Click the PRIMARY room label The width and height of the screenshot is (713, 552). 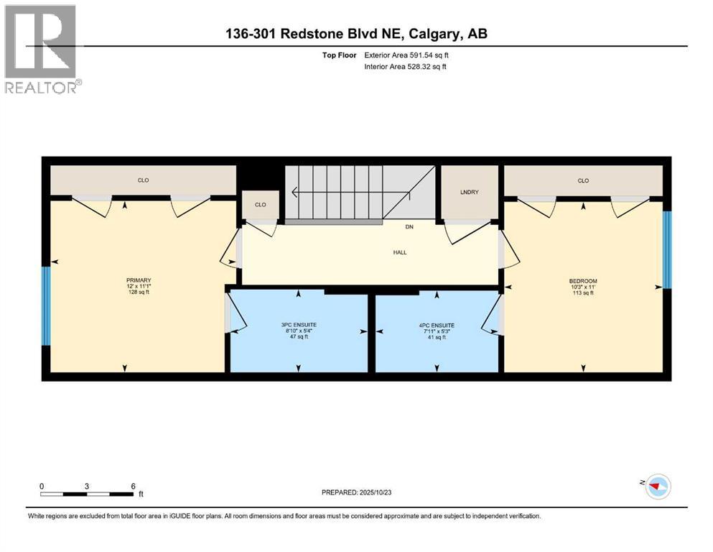click(139, 280)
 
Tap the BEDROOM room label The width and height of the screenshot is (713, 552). click(583, 281)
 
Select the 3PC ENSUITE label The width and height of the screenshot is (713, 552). click(299, 325)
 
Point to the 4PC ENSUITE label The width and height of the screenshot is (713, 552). click(437, 325)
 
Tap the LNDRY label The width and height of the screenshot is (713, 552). click(469, 191)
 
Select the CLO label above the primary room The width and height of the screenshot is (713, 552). click(143, 180)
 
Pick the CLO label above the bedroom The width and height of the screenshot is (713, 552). click(583, 180)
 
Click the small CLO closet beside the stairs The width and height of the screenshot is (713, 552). click(260, 205)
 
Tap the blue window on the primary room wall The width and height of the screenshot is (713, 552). click(45, 305)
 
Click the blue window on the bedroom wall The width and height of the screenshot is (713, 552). click(666, 249)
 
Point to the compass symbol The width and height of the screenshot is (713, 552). click(658, 486)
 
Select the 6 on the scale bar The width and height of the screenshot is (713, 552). click(134, 486)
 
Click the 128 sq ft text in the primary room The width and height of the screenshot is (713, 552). click(139, 293)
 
